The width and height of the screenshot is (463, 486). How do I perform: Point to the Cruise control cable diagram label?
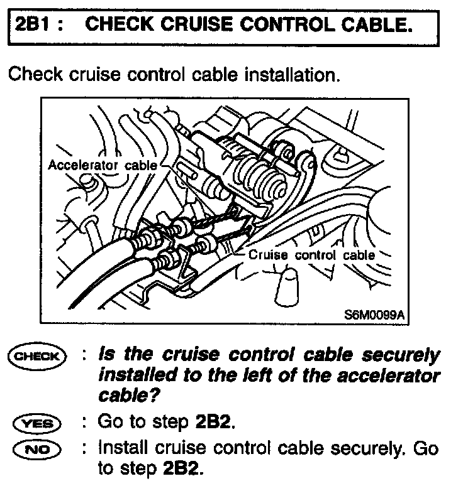pos(312,256)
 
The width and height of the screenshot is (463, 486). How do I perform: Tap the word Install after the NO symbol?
pos(120,450)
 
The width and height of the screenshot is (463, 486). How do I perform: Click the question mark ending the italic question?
pos(153,397)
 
